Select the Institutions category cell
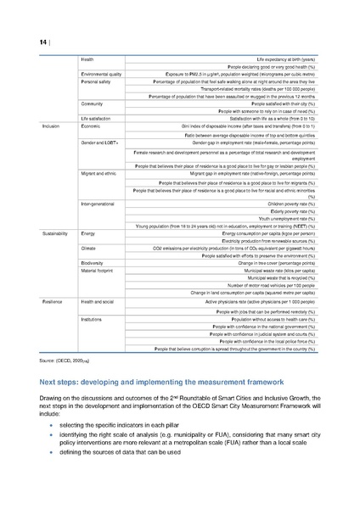92,317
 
